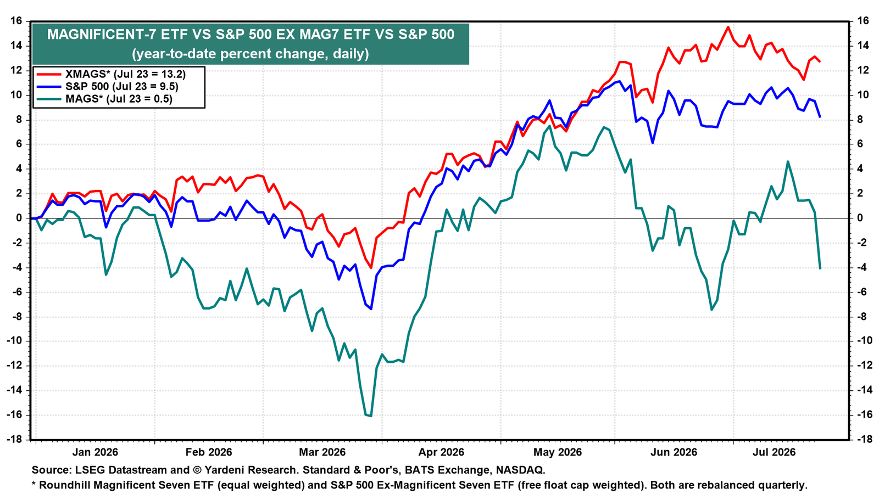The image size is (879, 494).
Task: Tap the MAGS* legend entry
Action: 104,99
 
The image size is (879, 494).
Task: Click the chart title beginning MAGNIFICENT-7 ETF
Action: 251,35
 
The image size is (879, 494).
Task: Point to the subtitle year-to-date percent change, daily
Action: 251,54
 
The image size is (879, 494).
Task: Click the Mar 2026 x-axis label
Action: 322,452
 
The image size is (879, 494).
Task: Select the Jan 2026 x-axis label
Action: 95,452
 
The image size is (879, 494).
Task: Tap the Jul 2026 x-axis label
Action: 774,452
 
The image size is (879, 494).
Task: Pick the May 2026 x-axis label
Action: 557,452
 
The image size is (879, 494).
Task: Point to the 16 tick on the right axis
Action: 862,21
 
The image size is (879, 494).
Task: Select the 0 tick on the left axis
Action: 19,218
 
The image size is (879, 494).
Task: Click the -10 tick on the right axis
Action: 862,341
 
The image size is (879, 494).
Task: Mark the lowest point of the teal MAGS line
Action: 371,416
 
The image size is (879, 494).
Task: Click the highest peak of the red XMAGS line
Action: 728,27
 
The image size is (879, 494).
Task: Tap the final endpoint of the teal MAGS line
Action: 820,268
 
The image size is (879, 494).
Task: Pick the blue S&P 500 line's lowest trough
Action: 371,309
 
